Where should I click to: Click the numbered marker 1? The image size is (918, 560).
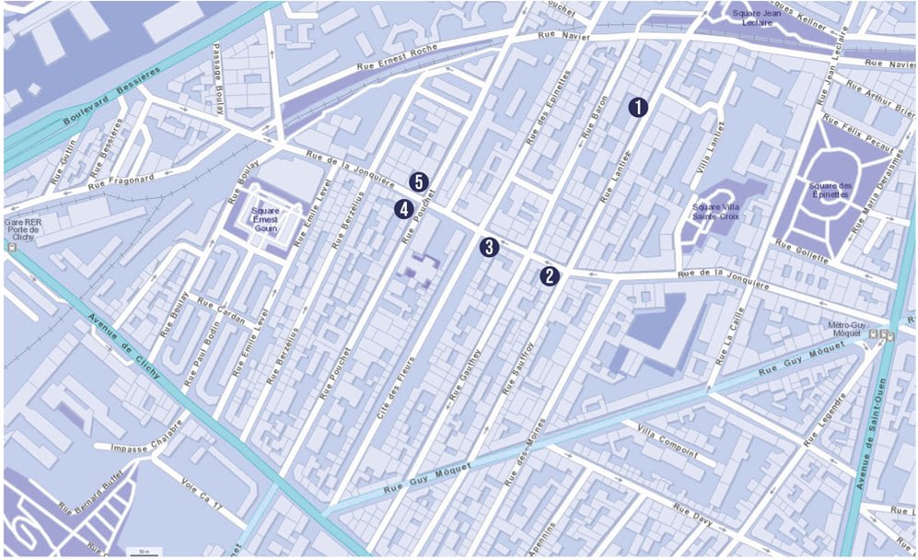tap(638, 106)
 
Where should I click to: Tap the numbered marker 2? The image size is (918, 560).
tap(549, 274)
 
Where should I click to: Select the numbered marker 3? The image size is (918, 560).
tap(488, 246)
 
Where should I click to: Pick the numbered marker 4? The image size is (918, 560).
tap(402, 209)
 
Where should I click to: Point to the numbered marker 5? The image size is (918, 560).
tap(419, 181)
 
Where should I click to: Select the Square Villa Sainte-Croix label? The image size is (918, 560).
tap(718, 213)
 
